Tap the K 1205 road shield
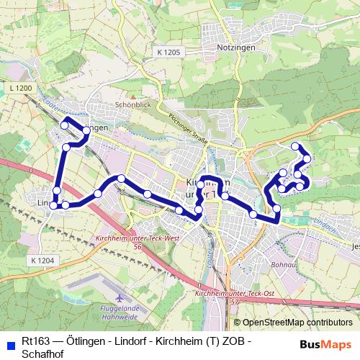[169, 52]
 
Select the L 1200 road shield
[22, 88]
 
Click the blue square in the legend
[9, 342]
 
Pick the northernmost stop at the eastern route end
[294, 146]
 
